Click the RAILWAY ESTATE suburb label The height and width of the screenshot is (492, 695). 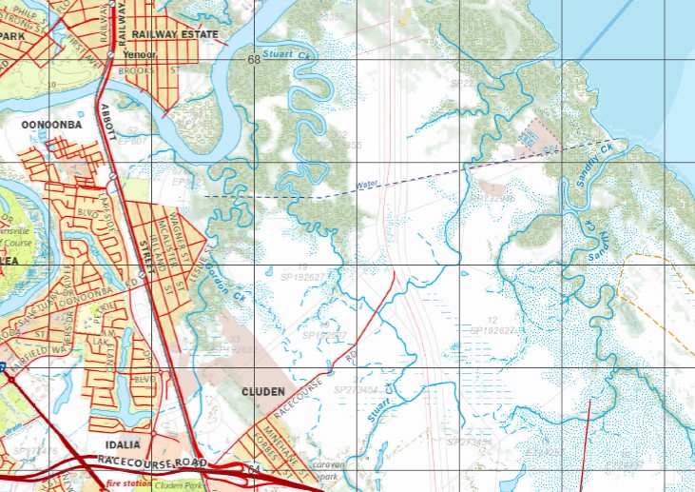click(175, 34)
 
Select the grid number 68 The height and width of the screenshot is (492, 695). click(253, 60)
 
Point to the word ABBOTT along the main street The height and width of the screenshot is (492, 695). click(106, 118)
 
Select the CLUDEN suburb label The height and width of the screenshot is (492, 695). click(263, 391)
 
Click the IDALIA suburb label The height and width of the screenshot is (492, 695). click(122, 444)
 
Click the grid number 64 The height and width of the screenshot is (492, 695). click(253, 470)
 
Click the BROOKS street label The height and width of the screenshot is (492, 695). click(137, 70)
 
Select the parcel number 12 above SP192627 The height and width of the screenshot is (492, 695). click(492, 320)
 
